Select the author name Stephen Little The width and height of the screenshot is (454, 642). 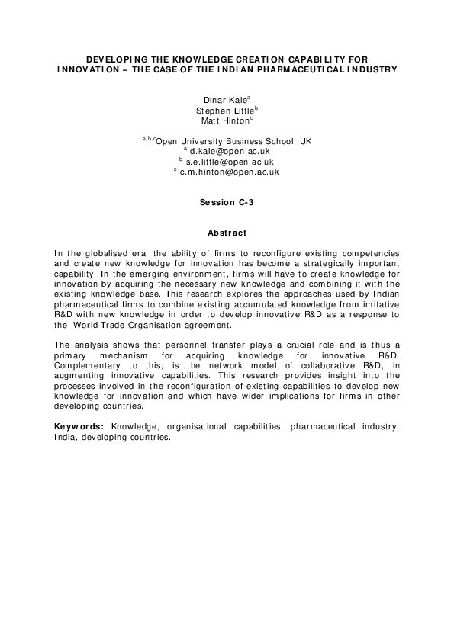pos(226,110)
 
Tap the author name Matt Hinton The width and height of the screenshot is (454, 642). pos(226,120)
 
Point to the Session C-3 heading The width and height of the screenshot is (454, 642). pos(226,202)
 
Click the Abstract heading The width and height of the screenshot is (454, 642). pos(227,232)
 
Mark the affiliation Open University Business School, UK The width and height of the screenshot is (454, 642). pos(233,141)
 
